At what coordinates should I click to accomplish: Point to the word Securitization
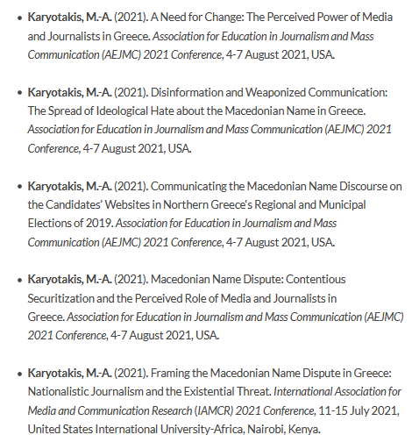[65, 298]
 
